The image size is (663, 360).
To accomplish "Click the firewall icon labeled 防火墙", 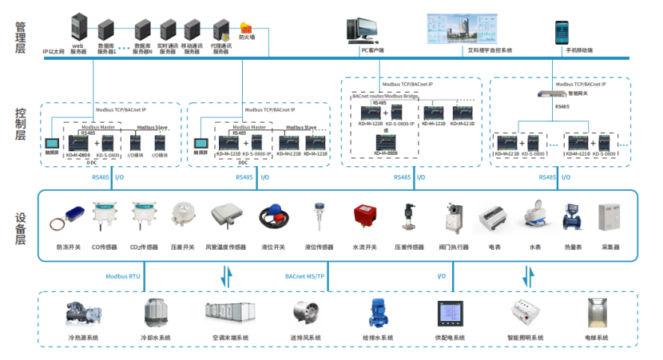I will point(246,30).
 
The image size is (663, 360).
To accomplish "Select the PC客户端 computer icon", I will point(357,30).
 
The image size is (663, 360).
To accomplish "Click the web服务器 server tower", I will point(78,27).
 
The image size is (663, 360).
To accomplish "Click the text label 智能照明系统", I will point(525,338).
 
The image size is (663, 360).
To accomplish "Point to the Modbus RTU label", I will point(123,276).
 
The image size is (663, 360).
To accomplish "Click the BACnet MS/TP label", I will point(305,276).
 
